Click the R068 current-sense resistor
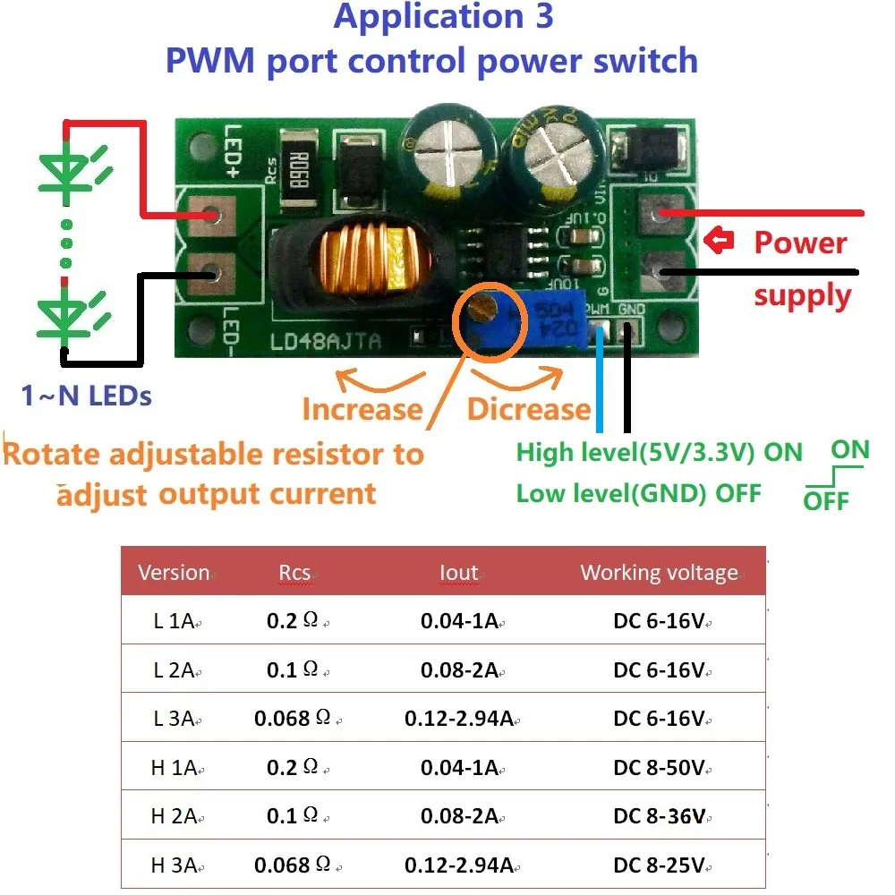pos(294,167)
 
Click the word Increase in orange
pos(362,409)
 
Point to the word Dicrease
pos(529,409)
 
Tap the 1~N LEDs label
pos(87,395)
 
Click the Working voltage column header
pos(660,573)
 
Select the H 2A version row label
pos(174,816)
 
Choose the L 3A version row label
pos(174,719)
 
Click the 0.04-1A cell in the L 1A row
pos(459,621)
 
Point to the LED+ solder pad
pos(212,215)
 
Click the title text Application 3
pos(443,18)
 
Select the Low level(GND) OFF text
pos(638,493)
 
